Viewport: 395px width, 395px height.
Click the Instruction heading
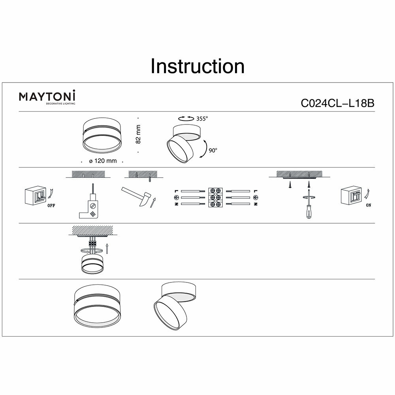pos(197,66)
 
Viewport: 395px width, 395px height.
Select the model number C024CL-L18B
pos(337,103)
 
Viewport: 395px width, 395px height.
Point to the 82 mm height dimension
pos(138,135)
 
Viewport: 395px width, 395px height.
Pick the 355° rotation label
pos(201,118)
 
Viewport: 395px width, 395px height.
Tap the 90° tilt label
pos(213,150)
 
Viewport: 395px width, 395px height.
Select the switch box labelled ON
pos(352,195)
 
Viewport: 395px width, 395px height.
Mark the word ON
pos(369,205)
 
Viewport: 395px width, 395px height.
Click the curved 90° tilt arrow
pos(205,149)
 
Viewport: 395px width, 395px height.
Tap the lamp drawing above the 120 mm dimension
pos(102,136)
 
